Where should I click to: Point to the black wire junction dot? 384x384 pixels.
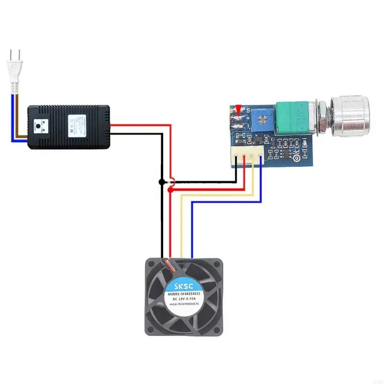pos(162,182)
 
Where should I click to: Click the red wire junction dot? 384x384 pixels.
pos(170,190)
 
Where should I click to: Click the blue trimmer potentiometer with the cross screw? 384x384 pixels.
pos(263,115)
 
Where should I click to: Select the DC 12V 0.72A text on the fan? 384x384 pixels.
pos(184,300)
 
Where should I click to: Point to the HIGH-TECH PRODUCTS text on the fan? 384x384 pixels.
pos(184,305)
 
